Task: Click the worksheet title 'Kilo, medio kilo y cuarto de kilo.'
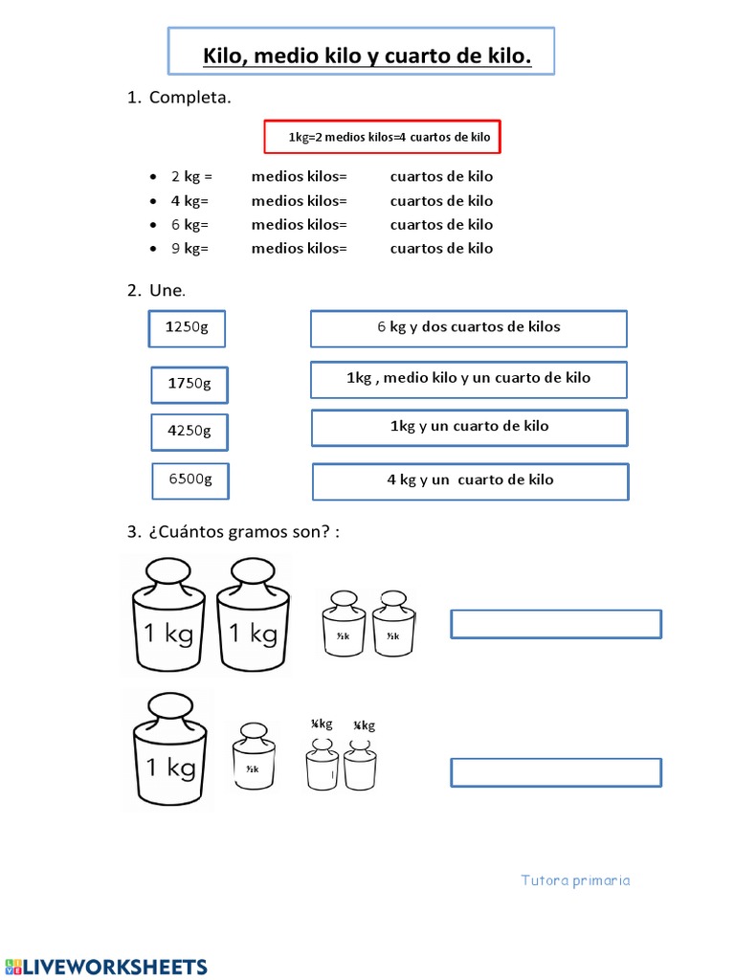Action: coord(367,57)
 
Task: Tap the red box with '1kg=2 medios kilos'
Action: coord(383,137)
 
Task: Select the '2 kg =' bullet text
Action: coord(191,177)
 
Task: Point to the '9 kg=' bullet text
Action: coord(189,248)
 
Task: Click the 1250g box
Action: coord(188,327)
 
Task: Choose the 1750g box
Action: coord(189,384)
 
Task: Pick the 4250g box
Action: coord(189,431)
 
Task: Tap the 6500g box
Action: coord(190,479)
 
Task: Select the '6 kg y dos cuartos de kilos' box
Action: coord(468,327)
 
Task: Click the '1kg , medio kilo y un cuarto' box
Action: coord(468,379)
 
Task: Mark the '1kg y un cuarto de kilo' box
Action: coord(469,427)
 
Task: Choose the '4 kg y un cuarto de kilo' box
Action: coord(470,480)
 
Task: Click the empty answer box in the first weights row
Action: coord(555,624)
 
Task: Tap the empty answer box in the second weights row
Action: coord(555,772)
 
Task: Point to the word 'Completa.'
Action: coord(189,98)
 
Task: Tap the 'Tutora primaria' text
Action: coord(575,880)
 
